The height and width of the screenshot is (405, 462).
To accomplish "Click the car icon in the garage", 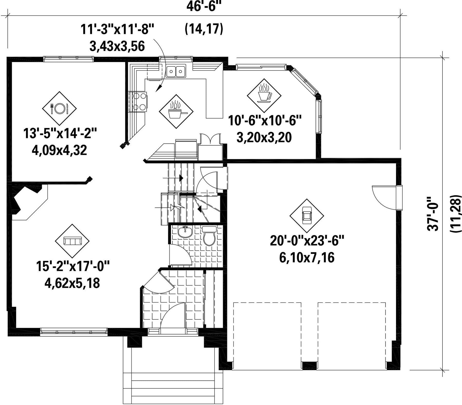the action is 307,215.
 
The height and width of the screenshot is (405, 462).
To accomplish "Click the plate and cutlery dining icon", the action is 59,108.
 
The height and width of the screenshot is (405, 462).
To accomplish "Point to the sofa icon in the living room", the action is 72,241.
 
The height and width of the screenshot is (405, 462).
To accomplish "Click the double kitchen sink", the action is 176,71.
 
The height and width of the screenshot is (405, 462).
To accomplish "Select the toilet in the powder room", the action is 209,236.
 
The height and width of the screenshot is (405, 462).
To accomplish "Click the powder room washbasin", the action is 185,232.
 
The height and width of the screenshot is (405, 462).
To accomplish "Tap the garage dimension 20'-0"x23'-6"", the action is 307,241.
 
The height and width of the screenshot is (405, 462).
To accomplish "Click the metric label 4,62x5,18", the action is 72,283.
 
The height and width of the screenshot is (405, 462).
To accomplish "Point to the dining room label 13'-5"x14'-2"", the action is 60,133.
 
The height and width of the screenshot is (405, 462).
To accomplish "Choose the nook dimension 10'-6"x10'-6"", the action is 264,120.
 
